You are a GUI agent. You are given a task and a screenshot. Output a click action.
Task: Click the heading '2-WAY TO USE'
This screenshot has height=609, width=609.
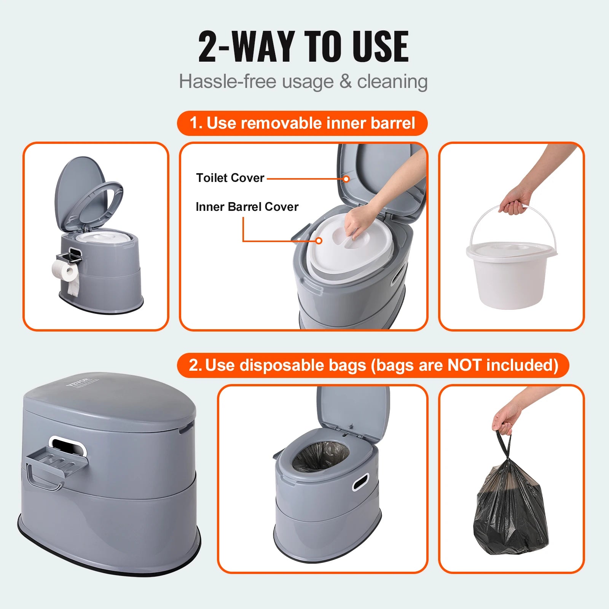tap(303, 46)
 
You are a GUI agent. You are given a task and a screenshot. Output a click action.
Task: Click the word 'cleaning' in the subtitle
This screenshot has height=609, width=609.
tap(392, 81)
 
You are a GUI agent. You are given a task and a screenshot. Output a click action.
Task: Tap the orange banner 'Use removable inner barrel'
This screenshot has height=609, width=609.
tap(302, 123)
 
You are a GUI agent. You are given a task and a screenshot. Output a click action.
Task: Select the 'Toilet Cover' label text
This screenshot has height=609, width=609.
tap(230, 178)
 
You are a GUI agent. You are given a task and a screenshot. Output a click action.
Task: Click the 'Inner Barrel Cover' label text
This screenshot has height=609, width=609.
tap(247, 207)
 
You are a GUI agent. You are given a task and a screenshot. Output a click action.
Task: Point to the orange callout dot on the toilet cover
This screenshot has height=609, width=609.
tap(346, 179)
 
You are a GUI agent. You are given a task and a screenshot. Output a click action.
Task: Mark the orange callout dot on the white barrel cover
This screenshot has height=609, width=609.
tap(319, 241)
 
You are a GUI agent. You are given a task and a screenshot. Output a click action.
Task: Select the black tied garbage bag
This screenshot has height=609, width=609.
tap(510, 510)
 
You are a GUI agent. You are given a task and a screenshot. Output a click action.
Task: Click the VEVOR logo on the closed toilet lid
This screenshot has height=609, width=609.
tap(78, 382)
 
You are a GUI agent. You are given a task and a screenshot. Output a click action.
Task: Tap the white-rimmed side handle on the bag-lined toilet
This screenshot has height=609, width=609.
tap(360, 482)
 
